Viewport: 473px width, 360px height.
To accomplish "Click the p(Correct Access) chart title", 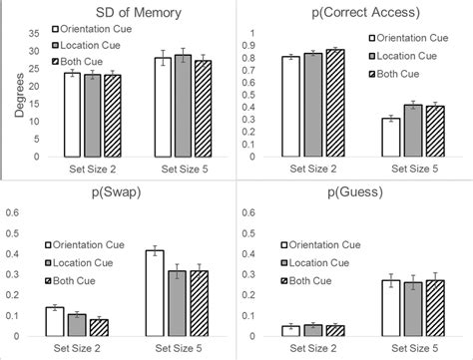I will pyautogui.click(x=347, y=11).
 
